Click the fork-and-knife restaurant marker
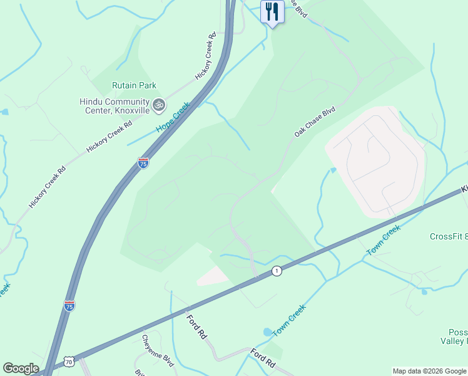(x=272, y=12)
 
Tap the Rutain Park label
(x=134, y=85)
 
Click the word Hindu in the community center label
(x=92, y=102)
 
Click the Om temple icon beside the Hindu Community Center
(x=158, y=105)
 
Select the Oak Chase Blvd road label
(x=315, y=122)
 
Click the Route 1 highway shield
(x=276, y=271)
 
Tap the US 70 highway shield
(x=69, y=362)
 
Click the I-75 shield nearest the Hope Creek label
(x=143, y=163)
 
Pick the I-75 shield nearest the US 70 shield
(x=69, y=305)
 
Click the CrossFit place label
(x=448, y=236)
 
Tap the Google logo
(x=21, y=368)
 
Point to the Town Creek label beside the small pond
(x=289, y=320)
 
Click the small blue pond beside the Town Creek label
(x=268, y=332)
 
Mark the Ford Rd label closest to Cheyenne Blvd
(x=196, y=326)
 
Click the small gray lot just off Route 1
(x=213, y=276)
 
